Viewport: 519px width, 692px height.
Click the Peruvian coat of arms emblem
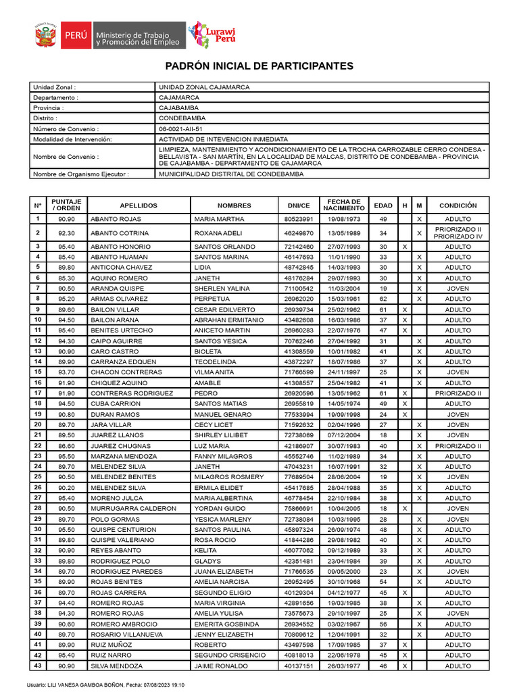(x=45, y=35)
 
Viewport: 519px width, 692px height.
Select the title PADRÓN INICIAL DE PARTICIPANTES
(x=259, y=66)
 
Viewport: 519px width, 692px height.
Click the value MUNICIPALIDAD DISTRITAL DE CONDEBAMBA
(x=230, y=174)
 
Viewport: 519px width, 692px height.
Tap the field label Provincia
(x=49, y=107)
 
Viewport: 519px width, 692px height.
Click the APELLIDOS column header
(x=139, y=205)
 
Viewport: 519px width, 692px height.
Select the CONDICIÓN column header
(x=458, y=205)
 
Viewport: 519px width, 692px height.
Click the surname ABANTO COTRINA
(x=120, y=233)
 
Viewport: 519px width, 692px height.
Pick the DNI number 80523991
(x=298, y=220)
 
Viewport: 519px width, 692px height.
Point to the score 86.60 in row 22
(x=66, y=446)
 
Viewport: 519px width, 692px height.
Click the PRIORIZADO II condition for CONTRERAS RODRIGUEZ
(x=458, y=393)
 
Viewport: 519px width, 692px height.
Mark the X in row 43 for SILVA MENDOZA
(x=404, y=666)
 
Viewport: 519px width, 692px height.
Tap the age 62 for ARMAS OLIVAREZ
(x=382, y=299)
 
